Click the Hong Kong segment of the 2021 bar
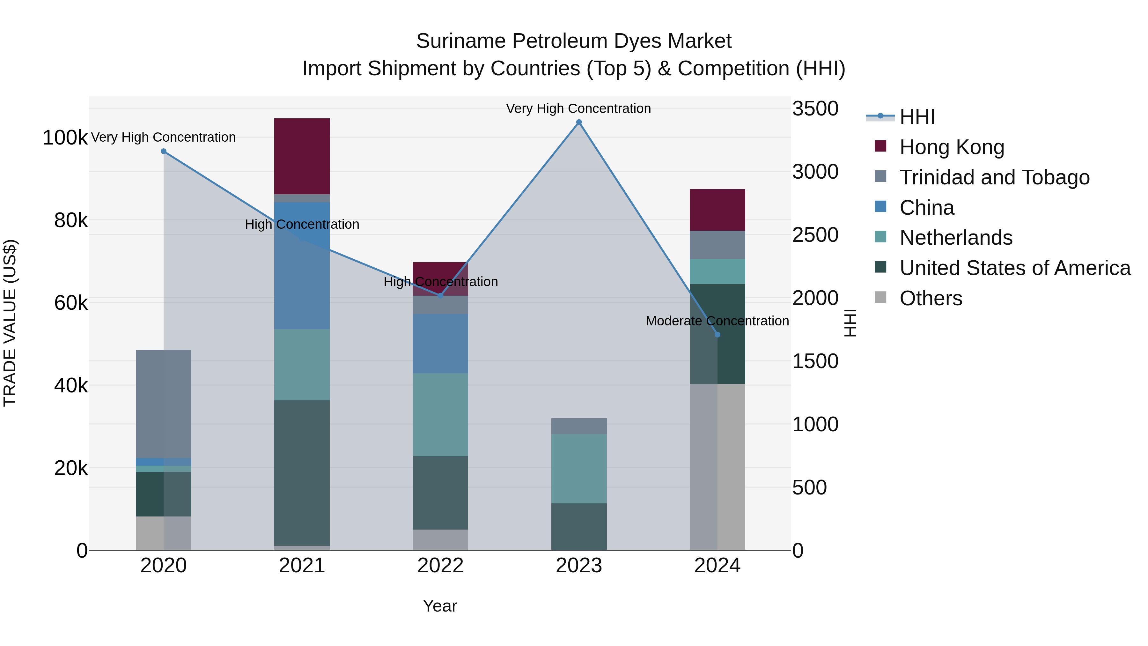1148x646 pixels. (x=302, y=156)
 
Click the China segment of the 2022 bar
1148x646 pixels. (x=440, y=343)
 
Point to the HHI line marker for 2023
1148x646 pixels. (x=578, y=122)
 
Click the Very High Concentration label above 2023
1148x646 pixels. (x=578, y=108)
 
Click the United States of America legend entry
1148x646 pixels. (x=1015, y=268)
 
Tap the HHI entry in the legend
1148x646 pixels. (x=917, y=117)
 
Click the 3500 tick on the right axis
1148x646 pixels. (x=815, y=108)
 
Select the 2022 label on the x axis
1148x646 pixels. (x=440, y=566)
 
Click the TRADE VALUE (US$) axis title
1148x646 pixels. (x=10, y=323)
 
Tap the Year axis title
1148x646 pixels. (x=439, y=606)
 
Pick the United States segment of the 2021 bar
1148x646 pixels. (x=302, y=472)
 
